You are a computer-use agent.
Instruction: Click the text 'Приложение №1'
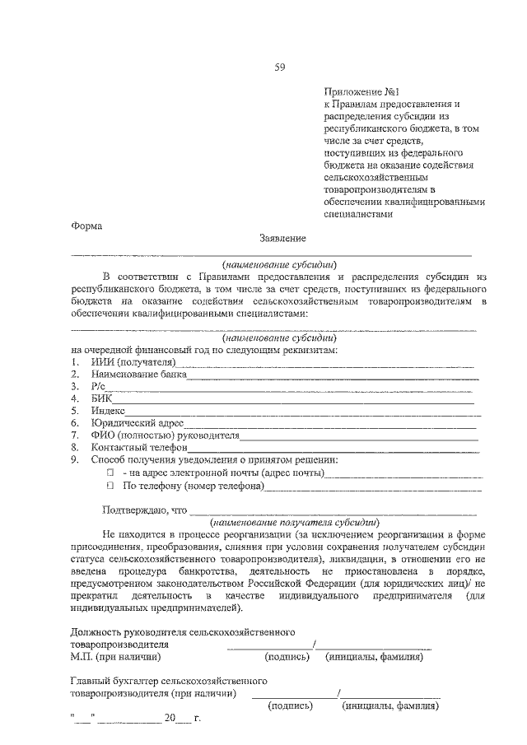360,93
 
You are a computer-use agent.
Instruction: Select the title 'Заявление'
282,239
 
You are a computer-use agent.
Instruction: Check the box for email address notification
109,474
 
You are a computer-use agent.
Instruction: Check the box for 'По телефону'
109,487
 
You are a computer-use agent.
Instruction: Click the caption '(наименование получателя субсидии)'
294,523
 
